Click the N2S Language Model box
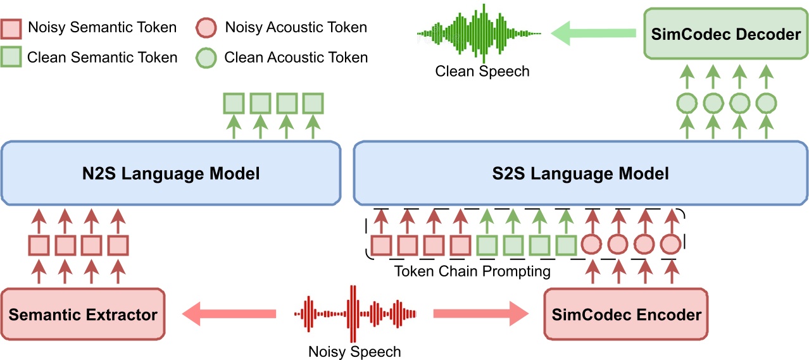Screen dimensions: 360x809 click(171, 173)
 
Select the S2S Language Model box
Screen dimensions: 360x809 click(580, 173)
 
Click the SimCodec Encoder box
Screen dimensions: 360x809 click(627, 314)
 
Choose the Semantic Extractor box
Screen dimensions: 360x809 click(83, 314)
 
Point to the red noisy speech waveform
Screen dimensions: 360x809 click(354, 313)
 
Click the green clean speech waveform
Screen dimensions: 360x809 click(479, 33)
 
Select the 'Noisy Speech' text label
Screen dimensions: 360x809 click(354, 351)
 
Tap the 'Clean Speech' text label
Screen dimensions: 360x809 click(482, 71)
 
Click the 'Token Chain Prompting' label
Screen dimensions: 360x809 click(472, 271)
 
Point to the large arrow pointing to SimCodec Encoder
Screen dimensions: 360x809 click(481, 313)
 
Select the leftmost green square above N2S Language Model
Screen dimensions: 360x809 click(233, 102)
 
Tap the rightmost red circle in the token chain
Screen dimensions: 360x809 click(670, 244)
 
